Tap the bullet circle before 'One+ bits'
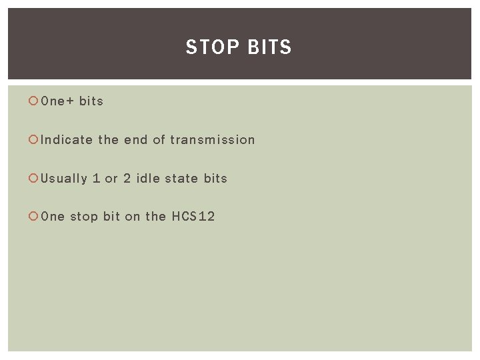coord(33,101)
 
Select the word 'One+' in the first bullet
coord(57,101)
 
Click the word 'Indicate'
coord(67,140)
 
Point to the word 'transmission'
coord(213,140)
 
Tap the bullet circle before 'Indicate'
coord(33,140)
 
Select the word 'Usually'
coord(64,179)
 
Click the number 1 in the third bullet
coord(97,179)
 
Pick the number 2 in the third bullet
coord(127,179)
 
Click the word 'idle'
coord(147,179)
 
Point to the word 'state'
coord(181,179)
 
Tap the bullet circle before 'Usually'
coord(33,179)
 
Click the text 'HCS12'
coord(193,217)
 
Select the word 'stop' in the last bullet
coord(84,217)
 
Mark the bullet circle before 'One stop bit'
coord(33,217)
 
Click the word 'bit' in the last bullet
coord(111,217)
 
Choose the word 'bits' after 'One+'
coord(91,101)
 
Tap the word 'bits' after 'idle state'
coord(215,179)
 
